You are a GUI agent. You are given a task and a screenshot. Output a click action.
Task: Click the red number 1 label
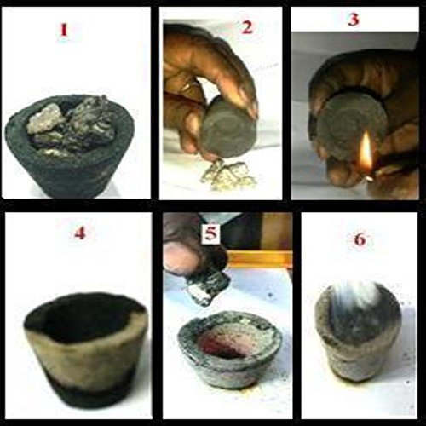64,30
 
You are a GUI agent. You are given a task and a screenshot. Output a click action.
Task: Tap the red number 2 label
246,27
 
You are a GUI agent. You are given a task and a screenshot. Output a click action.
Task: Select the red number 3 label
354,20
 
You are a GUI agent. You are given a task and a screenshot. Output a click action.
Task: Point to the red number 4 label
80,233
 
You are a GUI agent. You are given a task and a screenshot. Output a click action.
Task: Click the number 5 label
210,234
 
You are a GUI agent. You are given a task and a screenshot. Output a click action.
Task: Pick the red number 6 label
360,239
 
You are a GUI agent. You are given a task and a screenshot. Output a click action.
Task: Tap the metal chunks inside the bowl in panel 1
71,125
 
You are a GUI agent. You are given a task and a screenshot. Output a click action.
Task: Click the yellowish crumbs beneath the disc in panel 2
227,172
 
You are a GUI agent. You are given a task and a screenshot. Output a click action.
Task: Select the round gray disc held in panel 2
227,126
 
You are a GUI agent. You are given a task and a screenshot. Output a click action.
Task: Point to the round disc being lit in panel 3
352,122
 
